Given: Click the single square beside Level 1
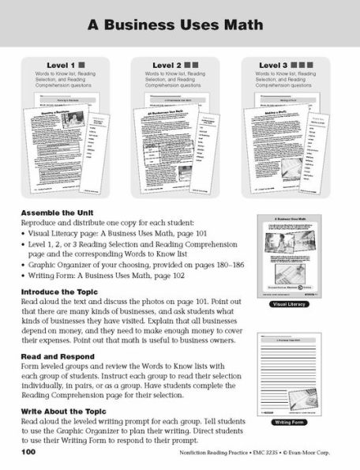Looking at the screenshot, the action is click(82, 65).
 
